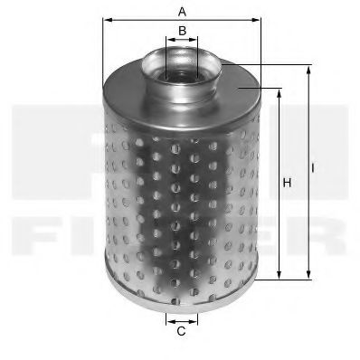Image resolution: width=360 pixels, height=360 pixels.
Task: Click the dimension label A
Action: (x=182, y=12)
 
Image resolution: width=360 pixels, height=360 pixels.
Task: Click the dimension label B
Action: (x=182, y=31)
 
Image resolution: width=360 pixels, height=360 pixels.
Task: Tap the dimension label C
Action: (x=181, y=331)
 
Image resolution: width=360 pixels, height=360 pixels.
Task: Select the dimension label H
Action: (x=287, y=184)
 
